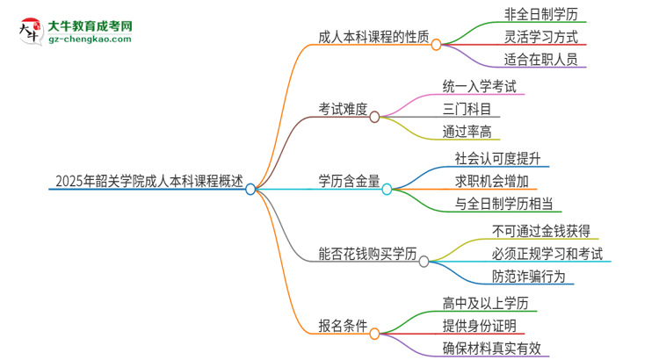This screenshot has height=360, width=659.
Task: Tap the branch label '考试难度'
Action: [343, 109]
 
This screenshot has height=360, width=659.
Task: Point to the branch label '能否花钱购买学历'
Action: [367, 255]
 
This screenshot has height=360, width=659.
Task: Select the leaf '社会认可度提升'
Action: [496, 159]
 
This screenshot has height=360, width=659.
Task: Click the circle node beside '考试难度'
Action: [375, 116]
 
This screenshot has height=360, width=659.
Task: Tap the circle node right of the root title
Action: [250, 189]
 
